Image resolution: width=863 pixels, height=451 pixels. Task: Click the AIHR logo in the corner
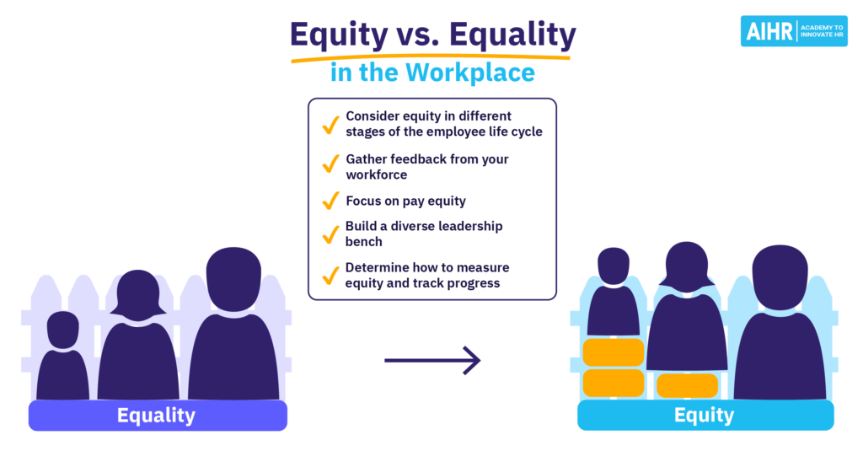(x=794, y=31)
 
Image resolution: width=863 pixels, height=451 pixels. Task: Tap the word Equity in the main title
(x=339, y=35)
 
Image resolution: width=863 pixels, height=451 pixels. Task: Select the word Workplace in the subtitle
(x=470, y=72)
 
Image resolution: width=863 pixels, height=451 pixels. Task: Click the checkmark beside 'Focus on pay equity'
(x=330, y=201)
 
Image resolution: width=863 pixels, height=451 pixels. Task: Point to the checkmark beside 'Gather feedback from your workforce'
(x=330, y=164)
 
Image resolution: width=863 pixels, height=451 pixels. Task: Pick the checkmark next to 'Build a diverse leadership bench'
(x=330, y=234)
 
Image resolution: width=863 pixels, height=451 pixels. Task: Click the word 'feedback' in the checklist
(x=418, y=159)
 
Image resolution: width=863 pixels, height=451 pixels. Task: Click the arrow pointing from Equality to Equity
(x=432, y=361)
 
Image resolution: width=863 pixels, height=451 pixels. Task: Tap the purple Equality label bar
(x=158, y=416)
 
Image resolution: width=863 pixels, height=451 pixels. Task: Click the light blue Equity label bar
(x=705, y=415)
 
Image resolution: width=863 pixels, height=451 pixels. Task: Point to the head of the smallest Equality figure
(x=62, y=330)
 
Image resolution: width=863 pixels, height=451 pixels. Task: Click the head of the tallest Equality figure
(x=234, y=279)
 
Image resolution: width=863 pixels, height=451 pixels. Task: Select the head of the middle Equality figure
(x=137, y=295)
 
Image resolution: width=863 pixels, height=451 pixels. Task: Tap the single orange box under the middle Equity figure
(x=688, y=385)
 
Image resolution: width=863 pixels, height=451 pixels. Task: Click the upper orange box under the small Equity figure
(x=614, y=352)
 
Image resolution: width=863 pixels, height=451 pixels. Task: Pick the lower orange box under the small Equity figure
(x=614, y=384)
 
